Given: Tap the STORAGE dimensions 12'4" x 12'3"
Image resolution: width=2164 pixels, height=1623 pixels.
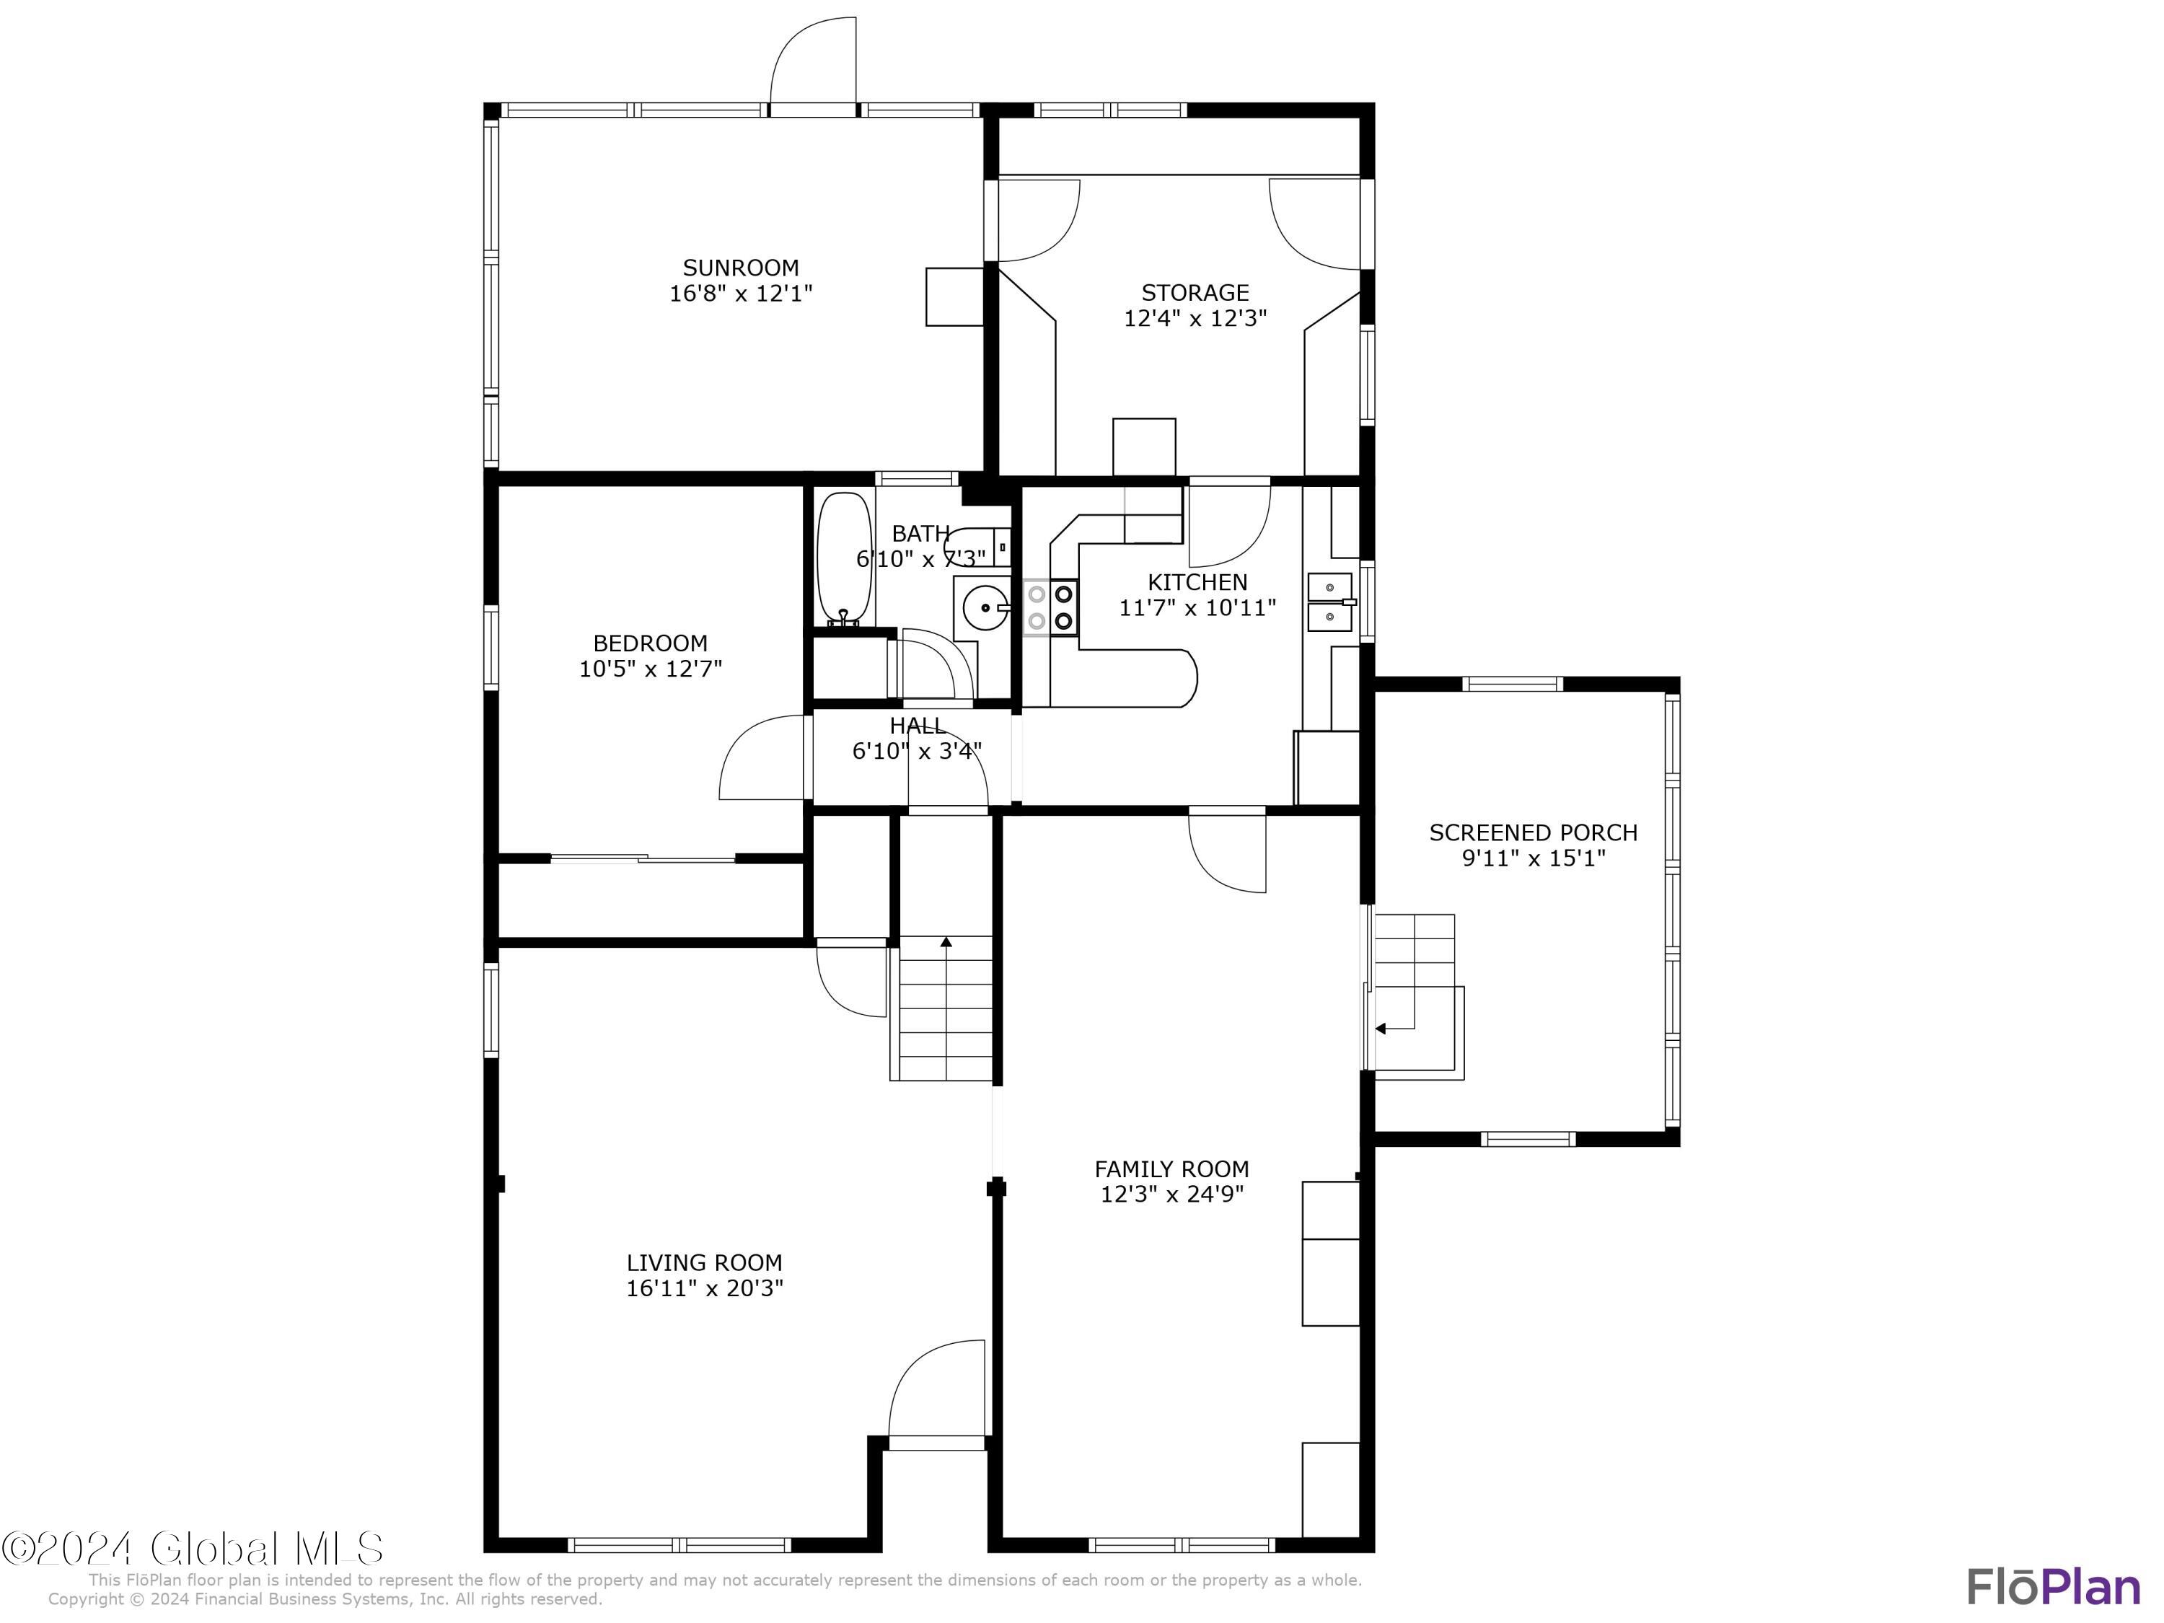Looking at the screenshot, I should tap(1195, 318).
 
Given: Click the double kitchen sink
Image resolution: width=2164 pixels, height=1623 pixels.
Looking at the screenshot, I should tap(1330, 602).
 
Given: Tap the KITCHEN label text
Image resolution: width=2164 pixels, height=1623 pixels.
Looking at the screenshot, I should tap(1197, 582).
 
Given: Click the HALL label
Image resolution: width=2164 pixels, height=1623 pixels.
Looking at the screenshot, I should tap(917, 726).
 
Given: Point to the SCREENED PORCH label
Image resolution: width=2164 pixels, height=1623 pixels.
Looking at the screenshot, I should tap(1532, 832).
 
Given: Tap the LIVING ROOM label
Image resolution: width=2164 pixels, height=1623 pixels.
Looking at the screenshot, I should tap(704, 1263).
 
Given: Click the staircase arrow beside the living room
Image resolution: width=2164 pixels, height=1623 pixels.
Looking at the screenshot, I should tap(946, 943).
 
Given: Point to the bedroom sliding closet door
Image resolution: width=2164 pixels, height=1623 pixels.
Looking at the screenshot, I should tap(643, 859).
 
